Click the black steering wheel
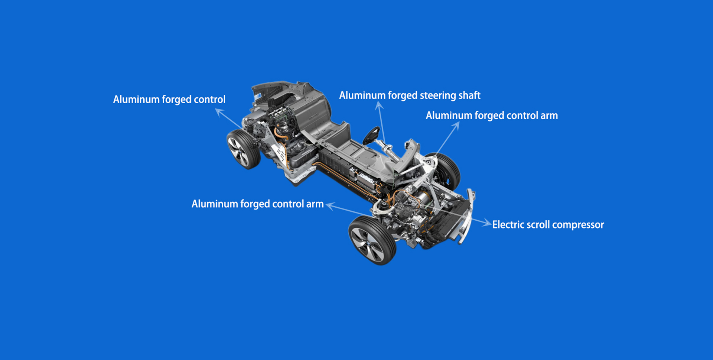[371, 136]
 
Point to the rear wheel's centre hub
[238, 151]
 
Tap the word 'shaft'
[469, 95]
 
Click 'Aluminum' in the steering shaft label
[362, 95]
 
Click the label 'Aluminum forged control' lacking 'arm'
[169, 100]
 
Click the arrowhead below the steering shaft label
[379, 105]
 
